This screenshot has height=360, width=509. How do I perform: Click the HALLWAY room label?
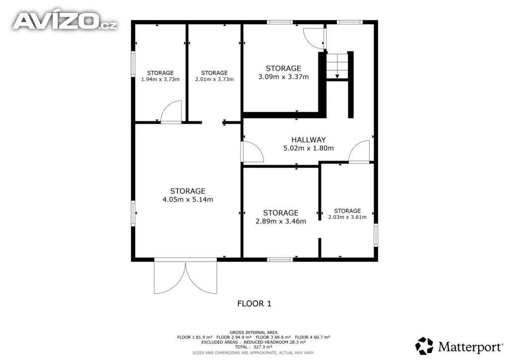point(308,140)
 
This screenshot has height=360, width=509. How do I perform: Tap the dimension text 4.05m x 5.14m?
point(187,199)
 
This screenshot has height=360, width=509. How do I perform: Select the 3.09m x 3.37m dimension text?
point(283,77)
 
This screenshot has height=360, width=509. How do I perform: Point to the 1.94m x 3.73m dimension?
point(161,79)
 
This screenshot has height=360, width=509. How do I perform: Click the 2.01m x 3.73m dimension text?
point(214,79)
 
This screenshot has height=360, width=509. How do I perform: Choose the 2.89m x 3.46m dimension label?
point(281,221)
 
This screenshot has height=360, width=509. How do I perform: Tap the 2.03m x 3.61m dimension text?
point(347,217)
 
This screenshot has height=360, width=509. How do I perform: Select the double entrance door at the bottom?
point(185,276)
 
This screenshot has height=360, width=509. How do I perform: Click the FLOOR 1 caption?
point(254,304)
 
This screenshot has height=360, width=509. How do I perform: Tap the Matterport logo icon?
point(424,346)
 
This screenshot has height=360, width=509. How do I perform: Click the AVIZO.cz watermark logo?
point(65,21)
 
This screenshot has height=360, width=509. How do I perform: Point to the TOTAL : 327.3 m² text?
point(254,347)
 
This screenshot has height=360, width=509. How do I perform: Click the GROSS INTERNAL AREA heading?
point(254,333)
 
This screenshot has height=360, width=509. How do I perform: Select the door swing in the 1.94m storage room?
point(171,112)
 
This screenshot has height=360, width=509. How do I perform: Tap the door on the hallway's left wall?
point(252,152)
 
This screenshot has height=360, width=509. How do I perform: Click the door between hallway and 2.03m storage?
point(359,151)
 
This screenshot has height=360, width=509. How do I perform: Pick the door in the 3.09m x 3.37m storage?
point(314,38)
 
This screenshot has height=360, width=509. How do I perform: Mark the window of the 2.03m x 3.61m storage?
point(376,235)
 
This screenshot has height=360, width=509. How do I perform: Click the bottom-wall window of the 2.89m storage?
point(280,260)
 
